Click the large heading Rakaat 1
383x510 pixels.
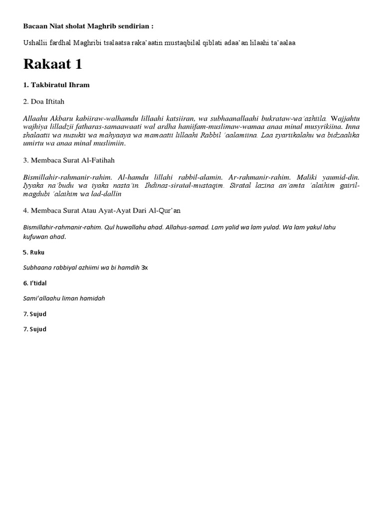52,65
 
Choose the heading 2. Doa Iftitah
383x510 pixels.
44,102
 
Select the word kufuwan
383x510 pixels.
36,237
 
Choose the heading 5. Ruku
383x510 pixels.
33,253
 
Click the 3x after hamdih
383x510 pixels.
145,267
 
